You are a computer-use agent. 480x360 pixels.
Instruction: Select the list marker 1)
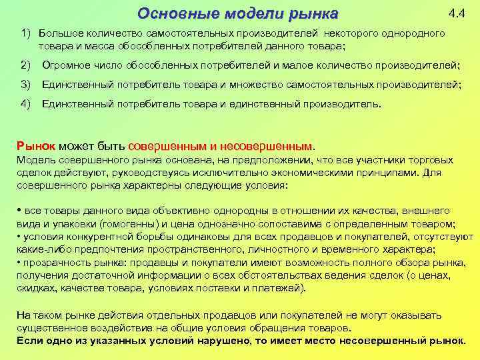point(26,33)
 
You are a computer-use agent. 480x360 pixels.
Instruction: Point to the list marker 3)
point(26,85)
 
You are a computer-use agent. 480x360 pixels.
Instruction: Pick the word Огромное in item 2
point(67,65)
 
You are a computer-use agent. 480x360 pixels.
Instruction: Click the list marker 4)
point(26,104)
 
